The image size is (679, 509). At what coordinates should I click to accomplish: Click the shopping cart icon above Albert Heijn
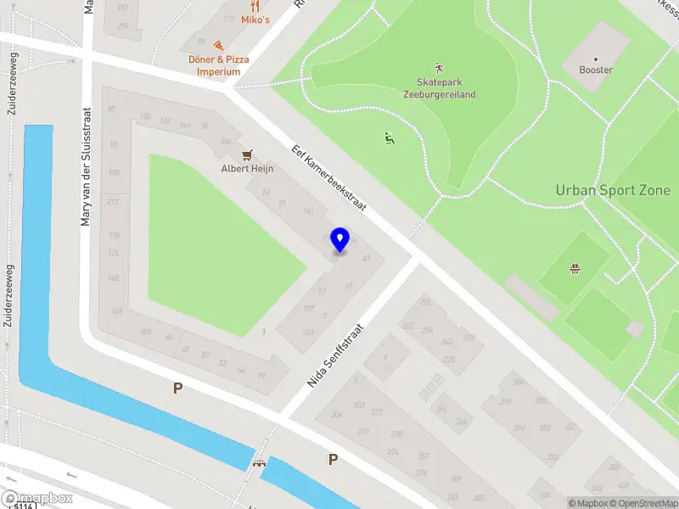(247, 154)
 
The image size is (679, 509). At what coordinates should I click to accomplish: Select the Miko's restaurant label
(255, 20)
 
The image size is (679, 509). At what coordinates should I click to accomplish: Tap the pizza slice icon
(218, 45)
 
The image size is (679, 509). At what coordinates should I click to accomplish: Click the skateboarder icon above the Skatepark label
(438, 67)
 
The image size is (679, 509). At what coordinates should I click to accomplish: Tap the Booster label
(596, 70)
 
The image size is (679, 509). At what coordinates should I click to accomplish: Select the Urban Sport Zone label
(613, 190)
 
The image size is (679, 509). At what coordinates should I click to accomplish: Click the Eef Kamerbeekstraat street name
(328, 177)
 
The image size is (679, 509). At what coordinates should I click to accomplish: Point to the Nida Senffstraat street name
(335, 355)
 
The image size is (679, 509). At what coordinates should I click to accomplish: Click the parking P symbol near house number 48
(177, 389)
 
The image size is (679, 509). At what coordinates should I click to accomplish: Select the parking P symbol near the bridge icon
(333, 460)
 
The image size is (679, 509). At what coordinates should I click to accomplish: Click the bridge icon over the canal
(259, 463)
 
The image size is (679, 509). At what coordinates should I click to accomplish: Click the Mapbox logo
(37, 499)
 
